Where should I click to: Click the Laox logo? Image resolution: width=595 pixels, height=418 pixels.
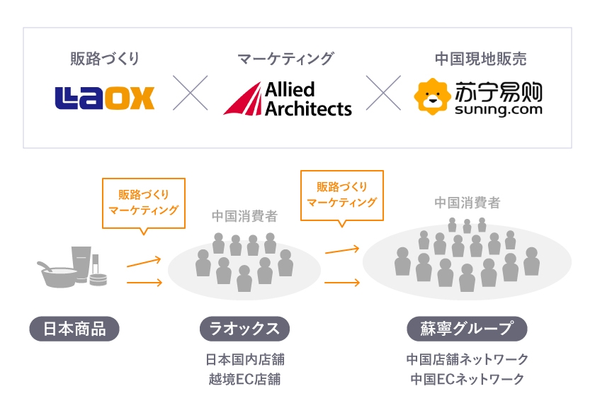104,98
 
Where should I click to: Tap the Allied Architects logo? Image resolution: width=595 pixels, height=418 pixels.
288,98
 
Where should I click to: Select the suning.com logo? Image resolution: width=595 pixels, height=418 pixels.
478,98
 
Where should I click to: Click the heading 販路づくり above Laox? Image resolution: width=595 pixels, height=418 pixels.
104,59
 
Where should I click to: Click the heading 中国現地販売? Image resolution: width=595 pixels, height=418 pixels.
480,59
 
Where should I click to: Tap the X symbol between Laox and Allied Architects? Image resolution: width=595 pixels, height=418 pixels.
190,94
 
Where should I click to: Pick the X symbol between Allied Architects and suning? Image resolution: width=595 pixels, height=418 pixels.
382,94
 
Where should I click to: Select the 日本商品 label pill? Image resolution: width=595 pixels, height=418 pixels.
74,329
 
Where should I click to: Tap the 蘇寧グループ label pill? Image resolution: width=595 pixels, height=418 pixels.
467,329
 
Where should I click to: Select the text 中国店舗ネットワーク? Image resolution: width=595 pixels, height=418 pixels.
467,359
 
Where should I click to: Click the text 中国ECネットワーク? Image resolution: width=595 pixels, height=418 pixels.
467,379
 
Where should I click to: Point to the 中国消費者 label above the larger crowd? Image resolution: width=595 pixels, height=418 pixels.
467,203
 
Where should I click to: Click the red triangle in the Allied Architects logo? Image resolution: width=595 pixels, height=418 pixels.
242,100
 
